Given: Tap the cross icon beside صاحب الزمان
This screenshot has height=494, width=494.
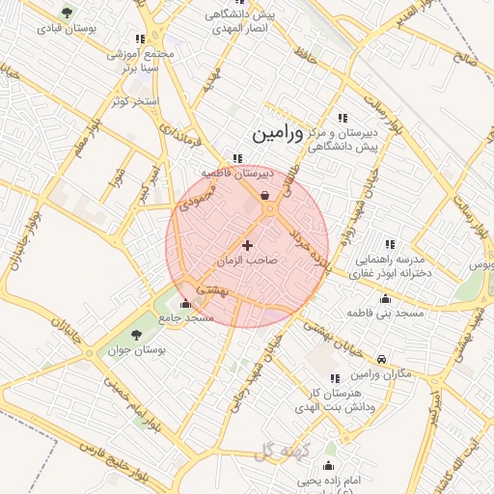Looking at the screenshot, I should click(x=248, y=246).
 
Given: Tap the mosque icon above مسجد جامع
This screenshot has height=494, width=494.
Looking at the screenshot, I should click(x=185, y=304).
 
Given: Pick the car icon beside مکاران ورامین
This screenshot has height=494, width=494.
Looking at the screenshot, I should click(x=383, y=359).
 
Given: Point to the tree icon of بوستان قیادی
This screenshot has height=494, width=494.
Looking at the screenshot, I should click(x=66, y=14).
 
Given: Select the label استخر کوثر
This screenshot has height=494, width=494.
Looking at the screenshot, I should click(x=133, y=100).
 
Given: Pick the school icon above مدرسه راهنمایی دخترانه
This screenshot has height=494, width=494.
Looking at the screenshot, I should click(x=390, y=245).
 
